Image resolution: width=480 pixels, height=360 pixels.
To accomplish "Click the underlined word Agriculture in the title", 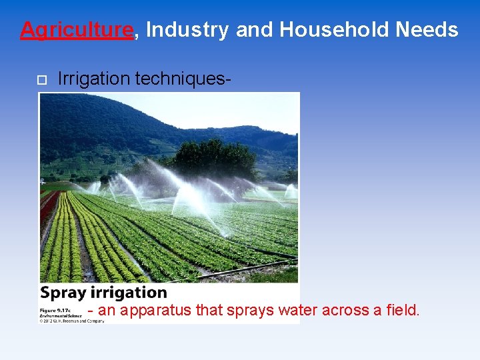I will pyautogui.click(x=77, y=29).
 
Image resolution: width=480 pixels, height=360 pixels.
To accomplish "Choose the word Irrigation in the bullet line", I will pyautogui.click(x=94, y=79).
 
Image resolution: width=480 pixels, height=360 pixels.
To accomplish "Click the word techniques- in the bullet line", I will pyautogui.click(x=183, y=79).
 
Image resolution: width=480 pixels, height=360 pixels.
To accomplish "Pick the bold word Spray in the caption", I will pyautogui.click(x=61, y=293).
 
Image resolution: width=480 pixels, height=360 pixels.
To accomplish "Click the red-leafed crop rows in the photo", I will pyautogui.click(x=47, y=207).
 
